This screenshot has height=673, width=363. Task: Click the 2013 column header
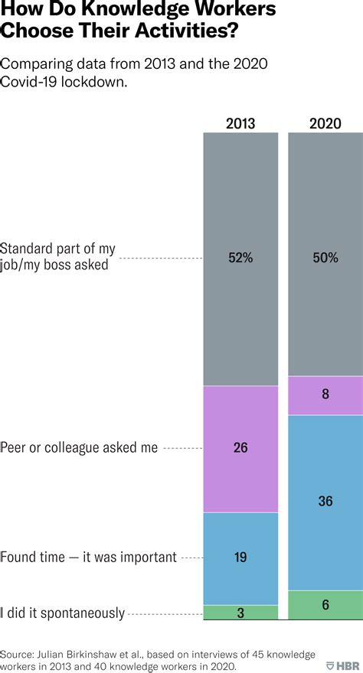point(240,123)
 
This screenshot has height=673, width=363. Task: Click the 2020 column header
point(325,123)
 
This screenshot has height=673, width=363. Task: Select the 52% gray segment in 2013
point(240,229)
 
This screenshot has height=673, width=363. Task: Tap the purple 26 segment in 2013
point(240,448)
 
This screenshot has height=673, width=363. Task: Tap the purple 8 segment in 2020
point(325,395)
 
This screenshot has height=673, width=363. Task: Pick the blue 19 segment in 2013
point(240,558)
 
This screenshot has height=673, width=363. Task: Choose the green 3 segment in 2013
point(240,612)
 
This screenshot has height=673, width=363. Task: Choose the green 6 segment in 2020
point(325,604)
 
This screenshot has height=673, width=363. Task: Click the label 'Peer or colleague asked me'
point(79,448)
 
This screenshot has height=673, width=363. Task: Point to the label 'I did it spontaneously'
point(63,613)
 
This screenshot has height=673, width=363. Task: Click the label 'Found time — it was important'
point(89,558)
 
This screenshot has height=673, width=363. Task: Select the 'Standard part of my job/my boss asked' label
point(58,257)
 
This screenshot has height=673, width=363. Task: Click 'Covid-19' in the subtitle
point(28,82)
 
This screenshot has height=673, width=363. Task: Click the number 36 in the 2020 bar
point(325,501)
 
